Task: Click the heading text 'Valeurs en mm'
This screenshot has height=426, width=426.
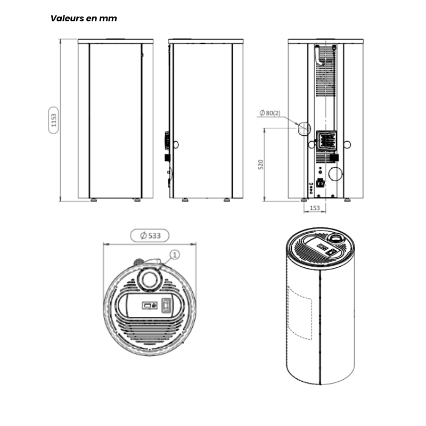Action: [84, 19]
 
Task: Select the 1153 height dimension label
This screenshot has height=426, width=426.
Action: [54, 120]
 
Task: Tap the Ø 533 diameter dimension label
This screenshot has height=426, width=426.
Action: [150, 235]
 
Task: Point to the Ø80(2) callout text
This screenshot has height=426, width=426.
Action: [270, 113]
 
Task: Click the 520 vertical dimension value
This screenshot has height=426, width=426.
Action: [260, 165]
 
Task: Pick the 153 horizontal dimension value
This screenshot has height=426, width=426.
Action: [315, 208]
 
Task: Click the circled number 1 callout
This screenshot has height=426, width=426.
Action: [175, 255]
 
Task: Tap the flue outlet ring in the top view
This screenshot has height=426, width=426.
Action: [150, 280]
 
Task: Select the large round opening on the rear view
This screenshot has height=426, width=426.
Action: [335, 174]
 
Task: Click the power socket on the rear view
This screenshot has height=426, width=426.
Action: [321, 183]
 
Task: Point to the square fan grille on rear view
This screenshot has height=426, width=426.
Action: [326, 140]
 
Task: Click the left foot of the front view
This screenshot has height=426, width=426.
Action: [94, 200]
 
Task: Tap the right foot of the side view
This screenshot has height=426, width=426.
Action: [227, 200]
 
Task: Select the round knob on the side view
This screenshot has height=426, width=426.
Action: [176, 144]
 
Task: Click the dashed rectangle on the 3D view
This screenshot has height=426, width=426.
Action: [300, 313]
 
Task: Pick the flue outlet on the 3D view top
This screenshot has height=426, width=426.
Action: [337, 239]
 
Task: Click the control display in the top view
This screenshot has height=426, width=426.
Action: [150, 305]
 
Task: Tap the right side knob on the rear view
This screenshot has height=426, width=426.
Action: [347, 144]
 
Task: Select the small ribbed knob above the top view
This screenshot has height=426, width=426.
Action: [138, 262]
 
